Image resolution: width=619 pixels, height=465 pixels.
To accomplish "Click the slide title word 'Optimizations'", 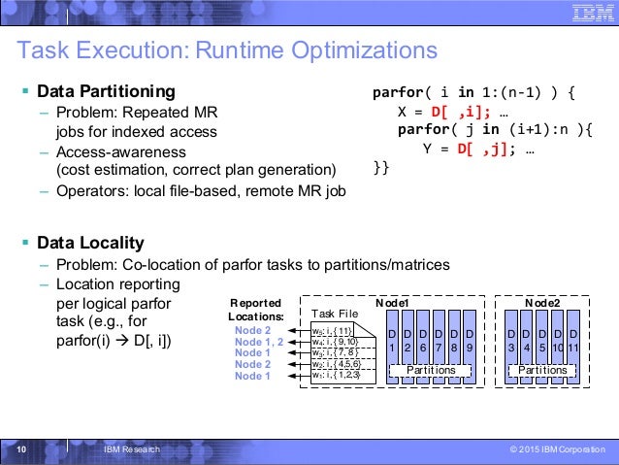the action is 356,50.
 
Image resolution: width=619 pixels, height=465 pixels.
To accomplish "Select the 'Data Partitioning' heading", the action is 107,92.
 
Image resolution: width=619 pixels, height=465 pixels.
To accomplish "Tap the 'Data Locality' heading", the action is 90,242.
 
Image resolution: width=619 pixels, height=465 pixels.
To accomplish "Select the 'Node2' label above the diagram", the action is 540,303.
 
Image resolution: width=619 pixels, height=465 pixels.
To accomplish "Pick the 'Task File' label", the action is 335,314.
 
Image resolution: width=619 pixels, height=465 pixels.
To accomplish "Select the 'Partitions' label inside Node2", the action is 542,370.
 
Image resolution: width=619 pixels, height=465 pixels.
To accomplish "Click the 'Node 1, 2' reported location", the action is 259,342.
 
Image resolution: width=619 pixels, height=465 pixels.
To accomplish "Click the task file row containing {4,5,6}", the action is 336,364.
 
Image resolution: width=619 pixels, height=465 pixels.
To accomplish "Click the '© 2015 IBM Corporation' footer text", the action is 556,448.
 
